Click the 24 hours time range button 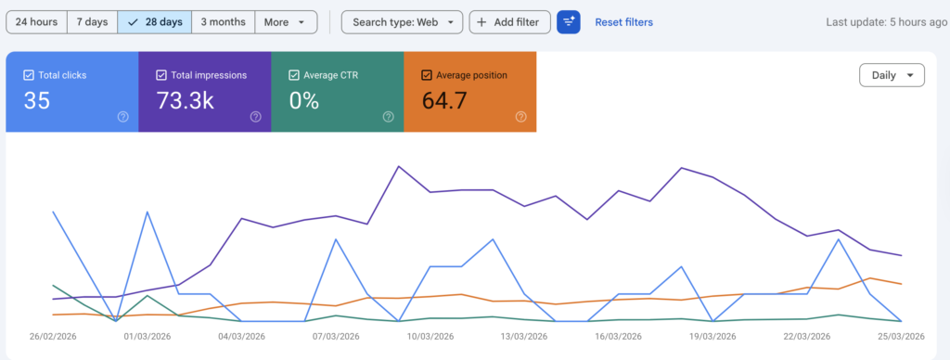[x=36, y=22]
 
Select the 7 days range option [x=92, y=22]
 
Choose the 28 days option [x=155, y=22]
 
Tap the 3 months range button [x=223, y=22]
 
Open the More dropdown [x=285, y=22]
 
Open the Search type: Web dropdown [x=402, y=22]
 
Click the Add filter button [x=509, y=22]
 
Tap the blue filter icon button [x=568, y=22]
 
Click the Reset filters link [x=623, y=22]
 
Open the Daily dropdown [x=892, y=75]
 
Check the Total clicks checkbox [x=29, y=75]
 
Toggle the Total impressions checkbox [x=161, y=75]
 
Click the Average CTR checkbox [x=294, y=75]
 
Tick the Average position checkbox [x=427, y=75]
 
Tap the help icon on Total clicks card [x=122, y=117]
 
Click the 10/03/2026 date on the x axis [x=430, y=336]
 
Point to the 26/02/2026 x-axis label [x=54, y=336]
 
